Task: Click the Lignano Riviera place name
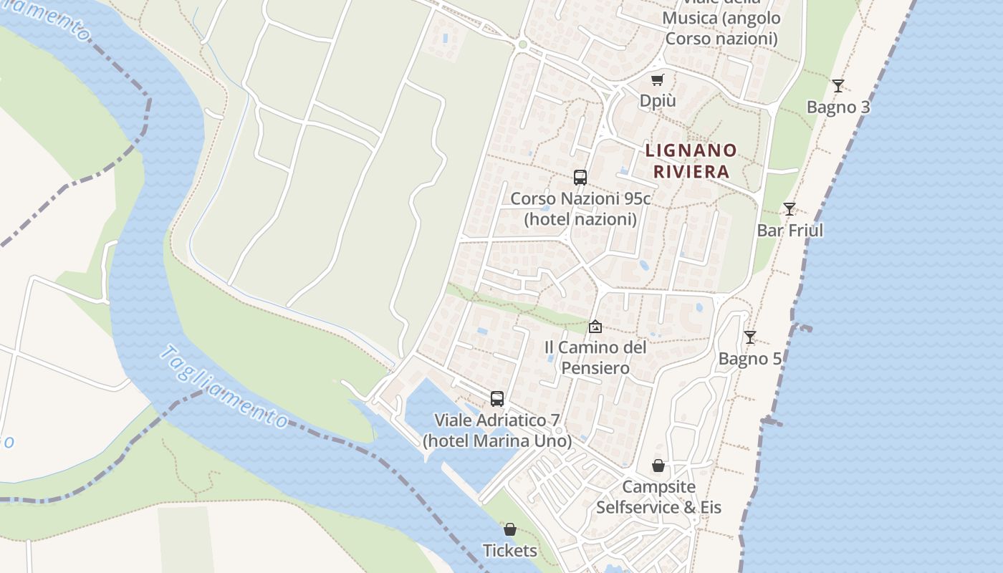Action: point(691,161)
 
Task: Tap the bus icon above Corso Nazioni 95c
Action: point(580,178)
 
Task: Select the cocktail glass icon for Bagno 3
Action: point(838,86)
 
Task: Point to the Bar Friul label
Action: point(790,231)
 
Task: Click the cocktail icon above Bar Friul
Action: point(789,209)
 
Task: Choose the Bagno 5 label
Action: point(750,359)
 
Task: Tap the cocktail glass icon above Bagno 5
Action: point(749,337)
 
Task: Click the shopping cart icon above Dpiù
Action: point(657,80)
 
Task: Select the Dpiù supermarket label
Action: point(658,101)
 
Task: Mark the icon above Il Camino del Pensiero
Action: point(595,327)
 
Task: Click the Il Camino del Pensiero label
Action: point(595,357)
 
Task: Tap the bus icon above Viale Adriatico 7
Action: point(497,399)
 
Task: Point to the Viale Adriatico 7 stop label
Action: point(497,430)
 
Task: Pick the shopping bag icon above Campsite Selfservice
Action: point(658,466)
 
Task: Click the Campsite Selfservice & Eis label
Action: point(658,497)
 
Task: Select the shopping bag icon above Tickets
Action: point(510,530)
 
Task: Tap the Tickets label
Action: point(510,551)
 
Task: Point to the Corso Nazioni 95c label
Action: point(580,208)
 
